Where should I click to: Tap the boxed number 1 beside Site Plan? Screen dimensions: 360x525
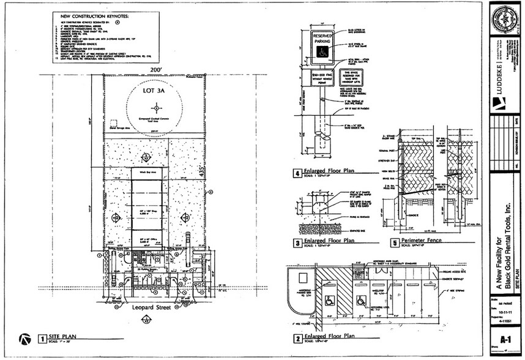click(42, 338)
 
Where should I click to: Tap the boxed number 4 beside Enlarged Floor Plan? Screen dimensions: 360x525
click(297, 173)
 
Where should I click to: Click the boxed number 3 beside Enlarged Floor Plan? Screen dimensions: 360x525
click(297, 241)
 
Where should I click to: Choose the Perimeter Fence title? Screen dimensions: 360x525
click(422, 240)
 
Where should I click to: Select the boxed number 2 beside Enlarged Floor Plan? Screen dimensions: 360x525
click(297, 337)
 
